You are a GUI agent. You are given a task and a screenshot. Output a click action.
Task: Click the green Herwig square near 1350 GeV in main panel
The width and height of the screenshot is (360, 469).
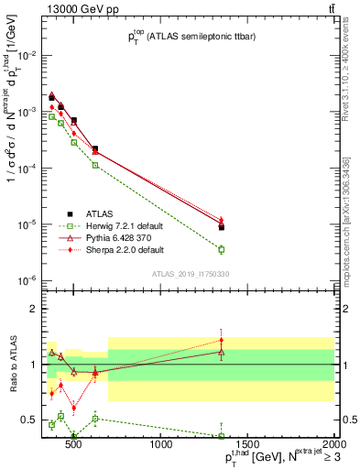tap(222, 249)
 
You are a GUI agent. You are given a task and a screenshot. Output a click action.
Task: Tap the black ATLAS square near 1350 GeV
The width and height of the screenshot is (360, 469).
tap(222, 226)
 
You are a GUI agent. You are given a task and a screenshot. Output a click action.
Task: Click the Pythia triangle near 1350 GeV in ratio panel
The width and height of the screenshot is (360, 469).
tap(222, 351)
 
